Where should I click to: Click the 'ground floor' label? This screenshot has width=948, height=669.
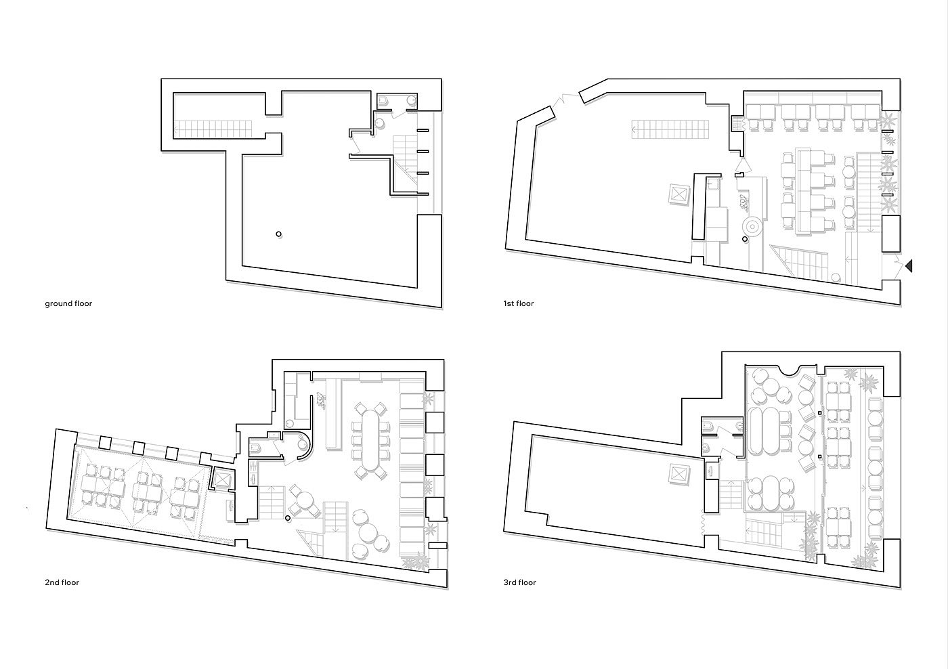[x=68, y=303]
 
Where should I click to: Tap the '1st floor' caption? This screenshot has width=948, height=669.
[x=517, y=303]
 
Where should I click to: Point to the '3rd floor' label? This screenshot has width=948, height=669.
[x=519, y=582]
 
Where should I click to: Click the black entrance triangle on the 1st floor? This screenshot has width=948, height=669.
[x=909, y=267]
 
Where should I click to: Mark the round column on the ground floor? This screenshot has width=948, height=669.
[x=278, y=234]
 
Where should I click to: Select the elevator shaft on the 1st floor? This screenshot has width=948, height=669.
[x=678, y=194]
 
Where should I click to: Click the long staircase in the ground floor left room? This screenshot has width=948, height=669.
[x=213, y=127]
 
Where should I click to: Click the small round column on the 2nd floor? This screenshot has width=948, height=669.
[x=288, y=518]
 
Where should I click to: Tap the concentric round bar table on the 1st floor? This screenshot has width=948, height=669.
[x=752, y=225]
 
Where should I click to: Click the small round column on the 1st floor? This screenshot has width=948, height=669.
[x=744, y=239]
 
